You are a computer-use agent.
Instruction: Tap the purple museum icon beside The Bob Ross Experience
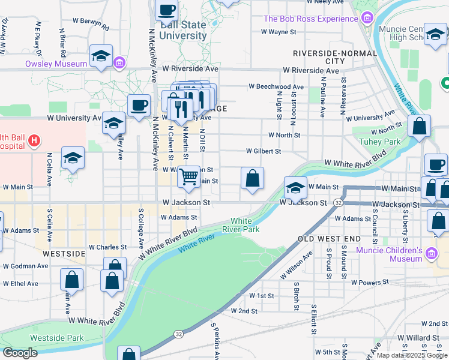(x=367, y=19)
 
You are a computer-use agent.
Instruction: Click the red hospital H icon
(x=34, y=141)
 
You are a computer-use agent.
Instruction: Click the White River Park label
(x=245, y=225)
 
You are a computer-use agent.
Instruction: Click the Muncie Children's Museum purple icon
(x=430, y=254)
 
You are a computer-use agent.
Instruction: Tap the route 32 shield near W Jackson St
(x=339, y=203)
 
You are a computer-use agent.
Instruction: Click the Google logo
(x=20, y=353)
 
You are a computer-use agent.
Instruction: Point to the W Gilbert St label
(x=263, y=151)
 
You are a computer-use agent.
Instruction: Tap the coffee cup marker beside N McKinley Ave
(x=139, y=106)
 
